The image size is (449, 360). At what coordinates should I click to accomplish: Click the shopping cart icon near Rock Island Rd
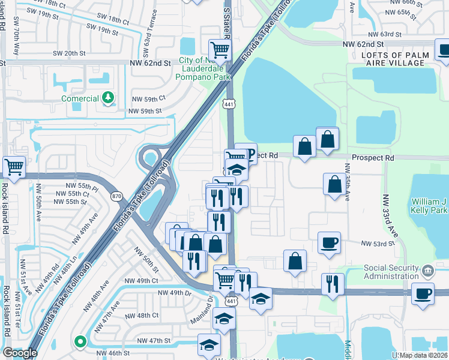pos(14,167)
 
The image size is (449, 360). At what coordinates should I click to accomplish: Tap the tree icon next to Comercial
pos(108,97)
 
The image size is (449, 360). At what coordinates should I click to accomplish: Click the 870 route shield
pos(118,196)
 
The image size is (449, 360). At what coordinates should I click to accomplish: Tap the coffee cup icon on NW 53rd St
pos(328,243)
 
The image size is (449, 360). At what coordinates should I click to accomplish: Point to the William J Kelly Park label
pos(430,206)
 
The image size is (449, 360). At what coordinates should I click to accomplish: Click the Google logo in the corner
pos(19,353)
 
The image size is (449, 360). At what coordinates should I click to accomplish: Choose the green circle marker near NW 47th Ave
pos(79,341)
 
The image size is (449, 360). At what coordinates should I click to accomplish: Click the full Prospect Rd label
pos(372,158)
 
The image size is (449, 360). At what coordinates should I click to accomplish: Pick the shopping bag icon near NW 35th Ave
pos(334,185)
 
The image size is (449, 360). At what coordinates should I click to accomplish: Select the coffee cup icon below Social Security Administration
pos(423,294)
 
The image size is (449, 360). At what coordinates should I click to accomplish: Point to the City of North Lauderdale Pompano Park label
pos(205,68)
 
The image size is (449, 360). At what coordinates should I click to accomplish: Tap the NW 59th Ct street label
pos(148,98)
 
